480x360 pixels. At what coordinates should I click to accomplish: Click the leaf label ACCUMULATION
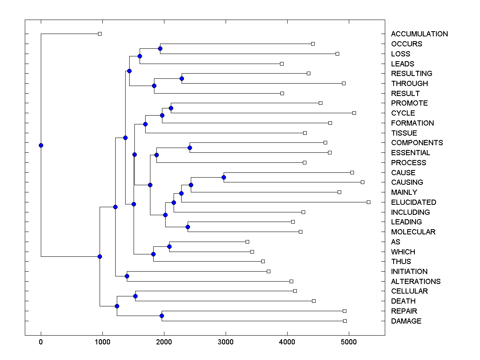[419, 34]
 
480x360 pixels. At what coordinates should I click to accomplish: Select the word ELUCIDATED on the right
[414, 202]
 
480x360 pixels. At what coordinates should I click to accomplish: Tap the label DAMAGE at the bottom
[406, 321]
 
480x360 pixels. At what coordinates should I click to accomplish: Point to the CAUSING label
[407, 182]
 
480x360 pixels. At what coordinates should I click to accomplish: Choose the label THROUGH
[409, 84]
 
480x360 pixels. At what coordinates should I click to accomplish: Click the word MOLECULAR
[413, 232]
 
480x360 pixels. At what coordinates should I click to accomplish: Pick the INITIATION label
[409, 272]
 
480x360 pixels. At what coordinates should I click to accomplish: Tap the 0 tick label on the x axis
[41, 342]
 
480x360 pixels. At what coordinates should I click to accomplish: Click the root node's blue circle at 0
[41, 145]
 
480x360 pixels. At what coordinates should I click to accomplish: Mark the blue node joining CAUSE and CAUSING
[224, 177]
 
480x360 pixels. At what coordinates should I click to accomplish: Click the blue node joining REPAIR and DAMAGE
[162, 316]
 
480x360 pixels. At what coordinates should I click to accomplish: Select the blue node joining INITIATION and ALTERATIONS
[127, 276]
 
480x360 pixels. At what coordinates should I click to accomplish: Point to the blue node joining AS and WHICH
[169, 246]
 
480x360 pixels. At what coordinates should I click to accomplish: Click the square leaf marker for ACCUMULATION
[100, 34]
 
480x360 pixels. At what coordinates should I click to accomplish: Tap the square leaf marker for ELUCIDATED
[368, 202]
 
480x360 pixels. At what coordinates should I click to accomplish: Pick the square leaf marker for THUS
[263, 261]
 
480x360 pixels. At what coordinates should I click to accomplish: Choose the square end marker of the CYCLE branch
[354, 113]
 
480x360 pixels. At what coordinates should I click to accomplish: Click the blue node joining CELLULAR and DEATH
[135, 296]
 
